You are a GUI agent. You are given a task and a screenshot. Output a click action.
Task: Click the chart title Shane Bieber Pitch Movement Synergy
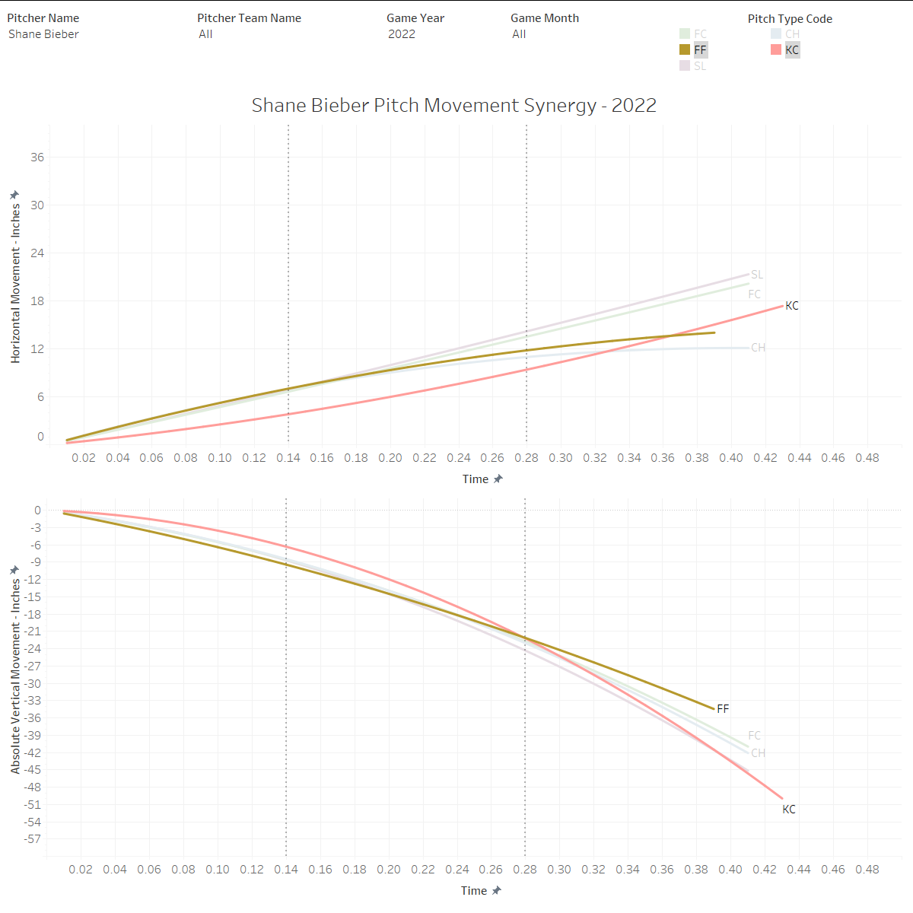453,105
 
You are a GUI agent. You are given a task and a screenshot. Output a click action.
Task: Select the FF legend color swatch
685,49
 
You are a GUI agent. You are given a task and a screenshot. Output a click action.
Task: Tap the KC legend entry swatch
776,49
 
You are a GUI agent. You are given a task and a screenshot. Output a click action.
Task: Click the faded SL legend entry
699,66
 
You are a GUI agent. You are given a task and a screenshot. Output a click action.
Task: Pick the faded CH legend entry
791,33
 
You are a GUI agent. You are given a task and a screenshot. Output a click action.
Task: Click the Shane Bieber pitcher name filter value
43,34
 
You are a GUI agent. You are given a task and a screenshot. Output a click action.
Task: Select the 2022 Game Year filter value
402,34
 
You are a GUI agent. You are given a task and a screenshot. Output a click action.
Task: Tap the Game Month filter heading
545,18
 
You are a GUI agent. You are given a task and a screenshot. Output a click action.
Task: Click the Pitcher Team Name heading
249,18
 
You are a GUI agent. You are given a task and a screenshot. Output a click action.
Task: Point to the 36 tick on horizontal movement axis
37,157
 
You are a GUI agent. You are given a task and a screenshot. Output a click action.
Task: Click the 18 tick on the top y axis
37,301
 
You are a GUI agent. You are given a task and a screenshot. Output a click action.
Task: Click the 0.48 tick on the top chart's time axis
867,458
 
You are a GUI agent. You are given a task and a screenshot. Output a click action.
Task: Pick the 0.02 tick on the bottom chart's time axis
81,870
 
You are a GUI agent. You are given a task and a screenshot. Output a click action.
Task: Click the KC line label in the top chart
792,306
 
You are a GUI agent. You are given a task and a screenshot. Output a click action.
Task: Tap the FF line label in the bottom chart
723,709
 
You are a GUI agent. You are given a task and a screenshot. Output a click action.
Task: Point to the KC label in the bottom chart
789,810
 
